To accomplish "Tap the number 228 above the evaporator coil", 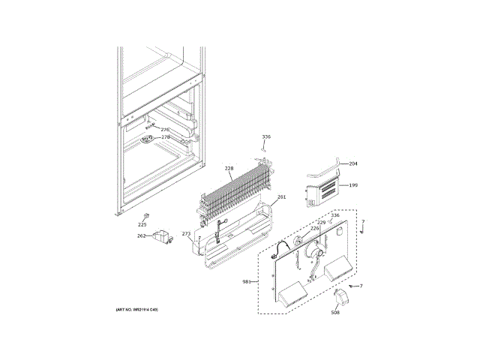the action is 229,169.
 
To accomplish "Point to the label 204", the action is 353,163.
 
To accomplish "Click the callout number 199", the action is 353,184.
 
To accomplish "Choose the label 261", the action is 281,198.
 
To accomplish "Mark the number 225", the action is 142,224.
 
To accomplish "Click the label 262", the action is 141,235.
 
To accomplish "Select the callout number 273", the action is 187,234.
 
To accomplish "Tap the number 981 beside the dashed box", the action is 247,281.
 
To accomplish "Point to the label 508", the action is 335,312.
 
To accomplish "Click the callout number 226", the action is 315,228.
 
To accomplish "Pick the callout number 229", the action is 321,222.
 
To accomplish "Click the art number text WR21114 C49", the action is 136,310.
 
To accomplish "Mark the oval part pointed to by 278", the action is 147,139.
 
